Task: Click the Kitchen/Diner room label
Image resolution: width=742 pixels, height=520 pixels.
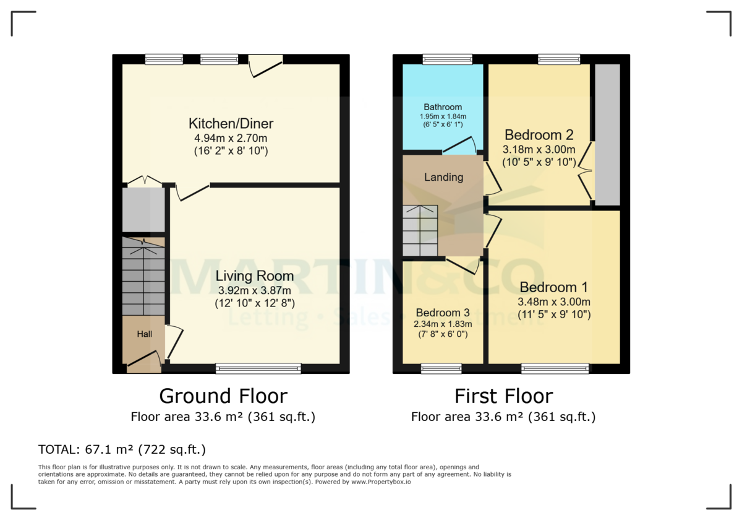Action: tap(231, 123)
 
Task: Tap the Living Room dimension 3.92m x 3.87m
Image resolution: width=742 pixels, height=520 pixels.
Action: tap(255, 290)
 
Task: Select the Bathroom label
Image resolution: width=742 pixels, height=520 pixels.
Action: tap(443, 107)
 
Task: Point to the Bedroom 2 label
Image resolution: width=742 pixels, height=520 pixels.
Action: tap(539, 135)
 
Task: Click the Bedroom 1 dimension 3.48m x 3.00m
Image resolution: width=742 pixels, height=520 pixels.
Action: tap(553, 301)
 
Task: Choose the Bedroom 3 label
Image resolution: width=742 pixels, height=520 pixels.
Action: tap(443, 312)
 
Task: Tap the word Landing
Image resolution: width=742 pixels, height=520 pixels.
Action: tap(443, 177)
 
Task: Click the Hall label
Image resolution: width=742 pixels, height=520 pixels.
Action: tap(144, 334)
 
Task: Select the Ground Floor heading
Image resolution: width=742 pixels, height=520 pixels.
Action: tap(223, 396)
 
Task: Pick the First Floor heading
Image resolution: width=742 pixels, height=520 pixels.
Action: tap(503, 396)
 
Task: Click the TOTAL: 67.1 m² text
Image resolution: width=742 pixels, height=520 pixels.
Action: tap(122, 449)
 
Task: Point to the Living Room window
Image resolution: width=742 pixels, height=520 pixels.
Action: tap(258, 369)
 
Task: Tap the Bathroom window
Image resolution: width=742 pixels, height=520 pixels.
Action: tap(448, 59)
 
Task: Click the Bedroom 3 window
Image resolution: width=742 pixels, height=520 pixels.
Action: tap(441, 369)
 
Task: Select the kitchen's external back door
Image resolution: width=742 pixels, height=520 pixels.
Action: tap(266, 65)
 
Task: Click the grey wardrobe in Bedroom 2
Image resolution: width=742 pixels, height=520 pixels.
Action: tap(607, 134)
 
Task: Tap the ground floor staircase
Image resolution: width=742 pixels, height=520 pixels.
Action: tap(143, 279)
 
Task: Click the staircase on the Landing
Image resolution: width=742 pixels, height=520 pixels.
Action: tap(420, 230)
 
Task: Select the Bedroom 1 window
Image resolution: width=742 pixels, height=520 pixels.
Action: tap(555, 369)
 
